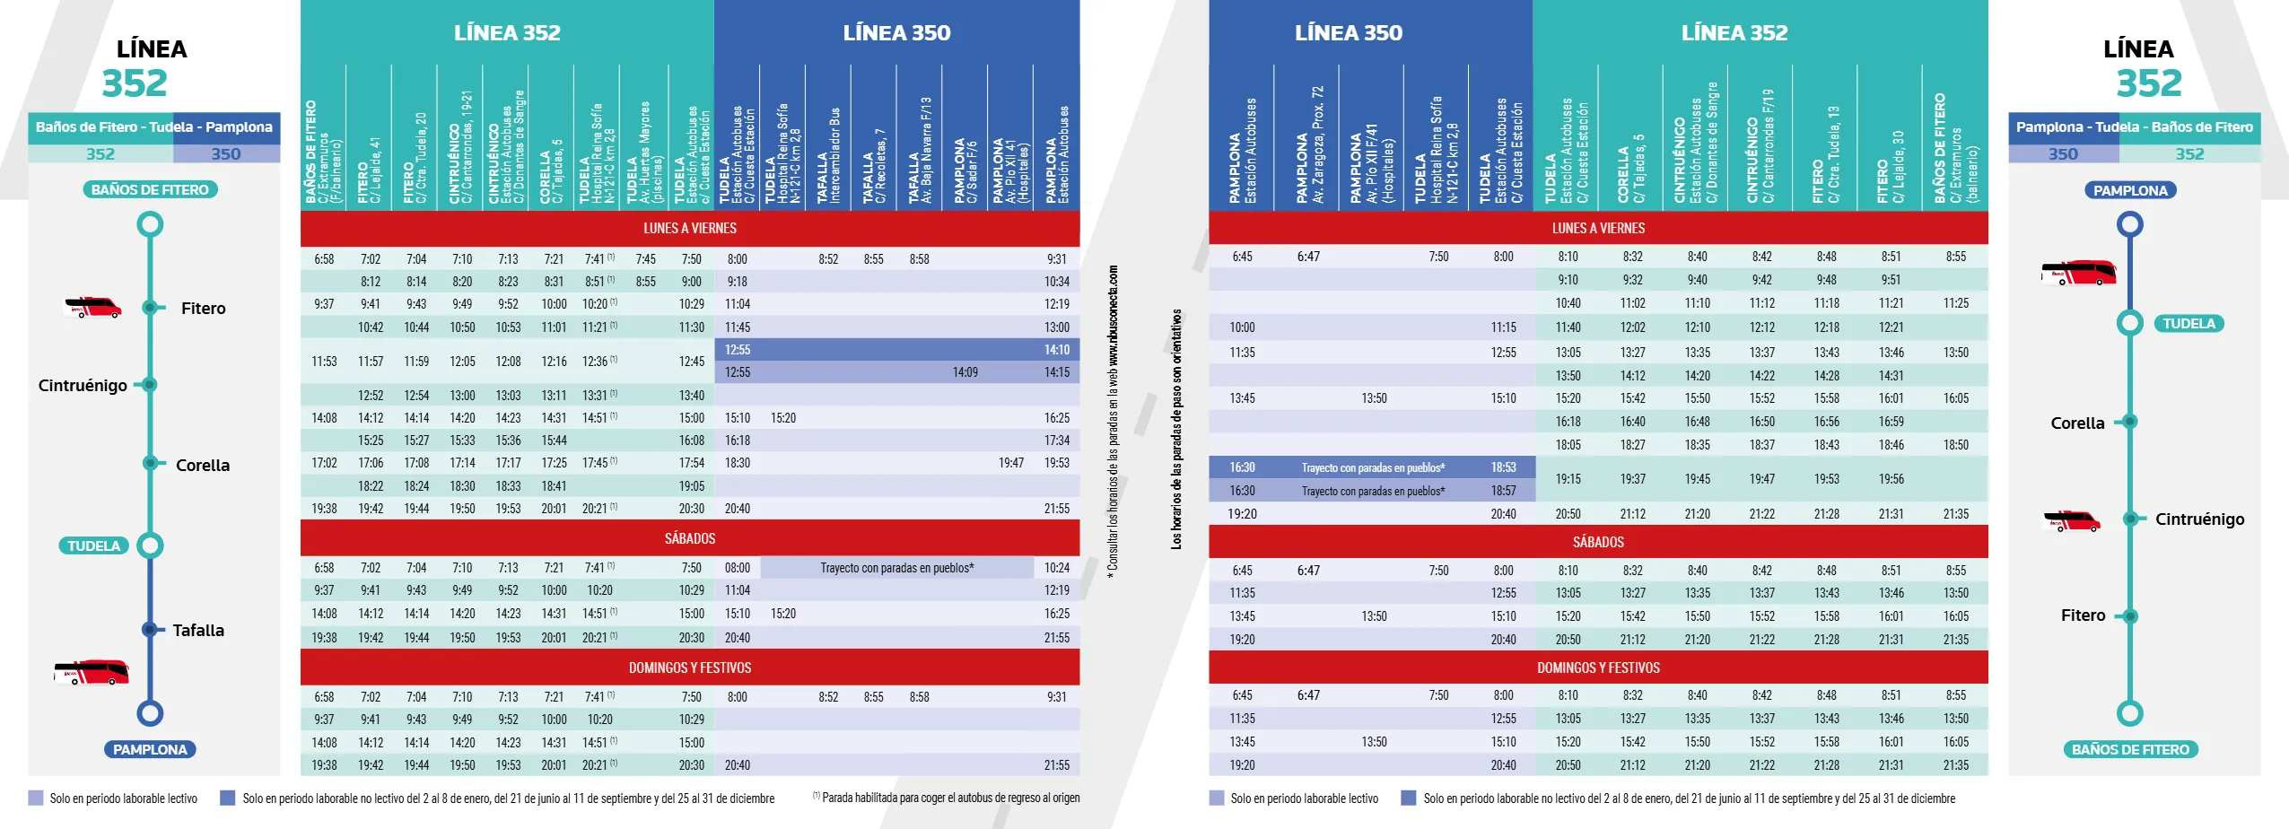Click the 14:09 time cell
point(965,372)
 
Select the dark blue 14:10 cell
point(1056,350)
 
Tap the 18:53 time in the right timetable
point(1503,467)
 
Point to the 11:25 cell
point(1955,303)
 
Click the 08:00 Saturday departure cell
point(737,568)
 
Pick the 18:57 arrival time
point(1503,491)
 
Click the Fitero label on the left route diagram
point(203,309)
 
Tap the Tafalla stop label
point(198,631)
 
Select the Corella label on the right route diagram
point(2076,423)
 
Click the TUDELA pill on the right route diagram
point(2188,324)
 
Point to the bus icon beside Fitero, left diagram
point(92,308)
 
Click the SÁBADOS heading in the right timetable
point(1597,542)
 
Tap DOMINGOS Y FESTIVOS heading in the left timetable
point(689,668)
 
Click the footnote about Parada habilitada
point(947,798)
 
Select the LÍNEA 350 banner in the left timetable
point(896,33)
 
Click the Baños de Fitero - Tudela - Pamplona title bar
point(153,127)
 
